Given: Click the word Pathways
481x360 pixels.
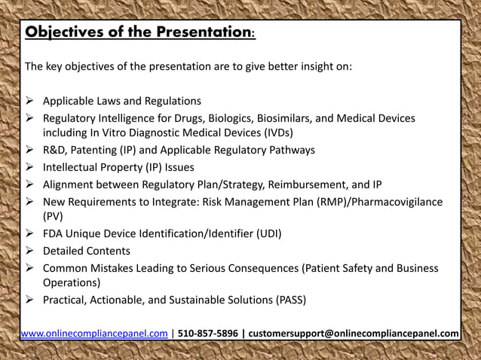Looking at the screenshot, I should pyautogui.click(x=290, y=150).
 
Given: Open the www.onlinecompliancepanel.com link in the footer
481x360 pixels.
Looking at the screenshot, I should pyautogui.click(x=94, y=334).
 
